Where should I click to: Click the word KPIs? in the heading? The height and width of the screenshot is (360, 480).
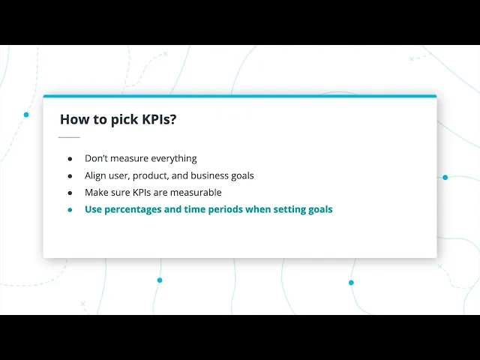pos(159,119)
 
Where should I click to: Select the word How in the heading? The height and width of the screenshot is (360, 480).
pos(74,119)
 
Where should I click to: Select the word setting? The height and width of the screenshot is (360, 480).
pos(287,210)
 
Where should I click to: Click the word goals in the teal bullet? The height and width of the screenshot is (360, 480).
pos(318,210)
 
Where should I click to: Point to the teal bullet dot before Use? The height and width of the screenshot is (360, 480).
pos(70,210)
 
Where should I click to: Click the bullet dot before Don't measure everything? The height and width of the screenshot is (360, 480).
pos(70,159)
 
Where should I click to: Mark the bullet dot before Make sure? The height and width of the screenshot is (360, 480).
pos(70,193)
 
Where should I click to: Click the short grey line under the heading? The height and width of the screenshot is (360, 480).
pos(69,137)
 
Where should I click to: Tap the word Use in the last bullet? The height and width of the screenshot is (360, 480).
pos(93,209)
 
